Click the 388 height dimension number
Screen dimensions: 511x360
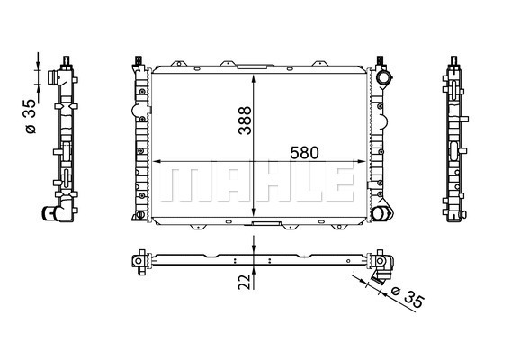click(x=245, y=121)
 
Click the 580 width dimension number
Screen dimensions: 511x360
click(x=304, y=153)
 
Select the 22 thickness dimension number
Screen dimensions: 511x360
click(x=247, y=282)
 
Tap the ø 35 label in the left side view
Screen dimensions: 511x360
click(x=31, y=116)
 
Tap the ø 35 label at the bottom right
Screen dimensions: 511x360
click(x=408, y=297)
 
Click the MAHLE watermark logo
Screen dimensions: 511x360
click(x=257, y=184)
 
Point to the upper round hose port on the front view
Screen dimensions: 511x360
click(x=383, y=77)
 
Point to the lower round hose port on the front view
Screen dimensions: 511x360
click(x=379, y=214)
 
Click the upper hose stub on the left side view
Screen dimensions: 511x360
click(x=52, y=77)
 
